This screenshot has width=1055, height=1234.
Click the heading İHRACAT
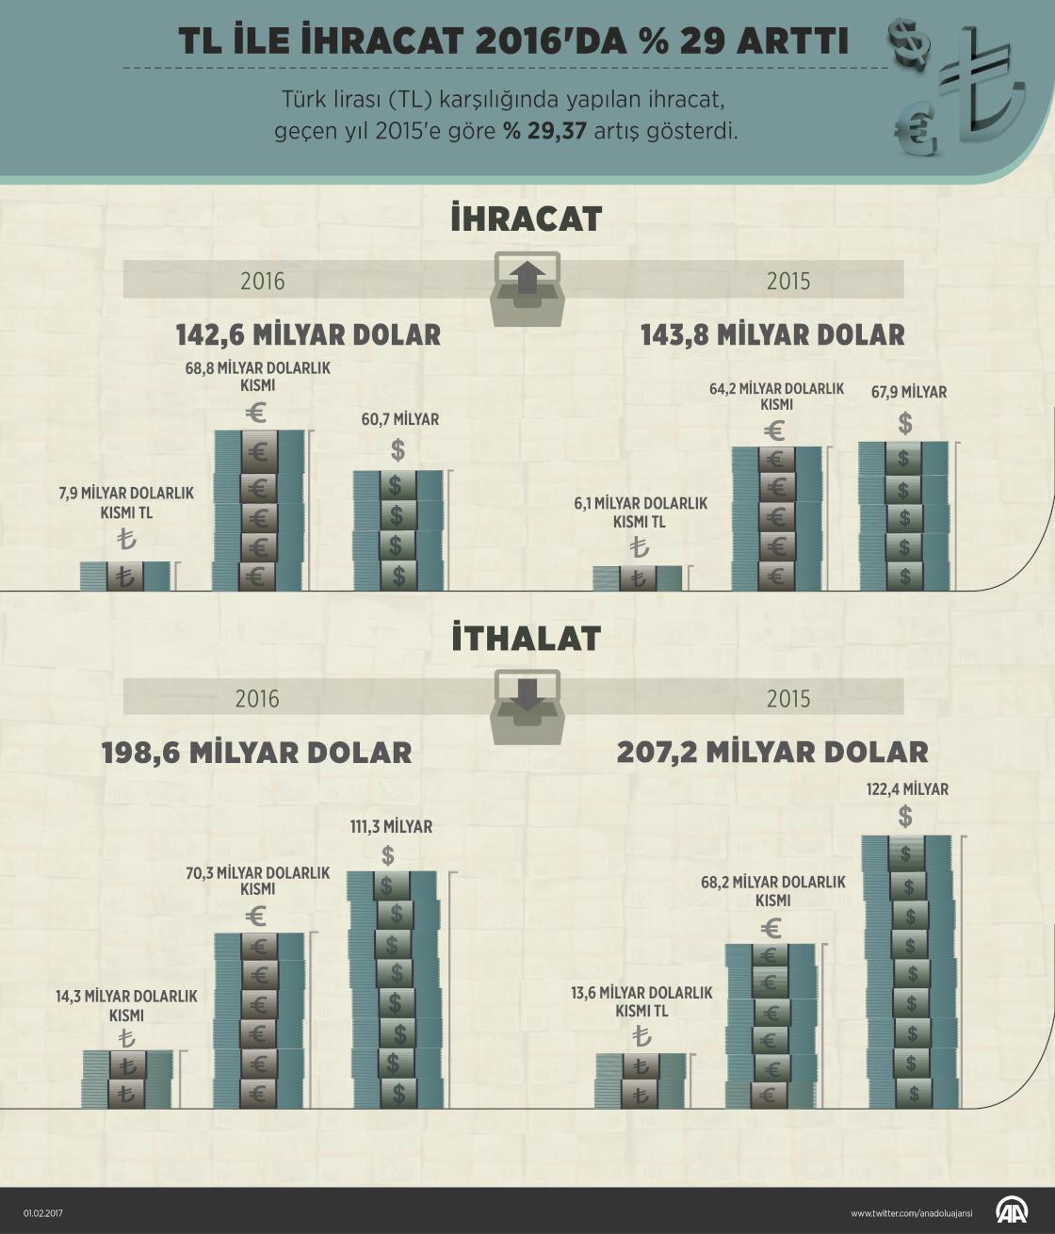[526, 219]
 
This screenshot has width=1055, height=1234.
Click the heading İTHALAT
[526, 639]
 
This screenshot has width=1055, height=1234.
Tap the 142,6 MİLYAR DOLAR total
[308, 334]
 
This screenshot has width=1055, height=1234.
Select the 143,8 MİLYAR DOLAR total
[772, 334]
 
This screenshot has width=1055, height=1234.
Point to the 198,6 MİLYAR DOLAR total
[256, 752]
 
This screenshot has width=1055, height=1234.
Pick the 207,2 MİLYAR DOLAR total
[772, 752]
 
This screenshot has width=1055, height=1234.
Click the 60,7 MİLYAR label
[400, 419]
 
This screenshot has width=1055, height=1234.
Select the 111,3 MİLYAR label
[391, 826]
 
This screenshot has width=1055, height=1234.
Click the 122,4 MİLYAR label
[908, 789]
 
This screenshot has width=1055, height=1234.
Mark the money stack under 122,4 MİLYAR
[908, 970]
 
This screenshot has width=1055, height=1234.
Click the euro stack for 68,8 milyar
[258, 511]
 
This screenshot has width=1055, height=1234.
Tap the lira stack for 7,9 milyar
[125, 576]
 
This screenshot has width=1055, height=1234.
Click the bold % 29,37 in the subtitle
[545, 130]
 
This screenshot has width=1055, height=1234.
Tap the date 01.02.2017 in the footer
[42, 1214]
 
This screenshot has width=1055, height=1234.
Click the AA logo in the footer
[1013, 1212]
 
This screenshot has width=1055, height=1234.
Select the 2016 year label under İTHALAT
[257, 698]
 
